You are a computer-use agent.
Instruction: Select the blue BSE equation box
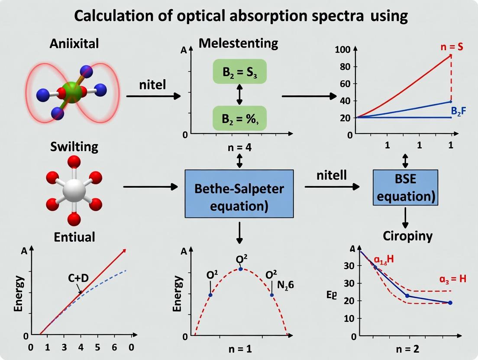tap(405, 187)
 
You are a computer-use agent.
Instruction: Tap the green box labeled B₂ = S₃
tap(239, 71)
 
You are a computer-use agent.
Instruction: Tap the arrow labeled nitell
tap(332, 186)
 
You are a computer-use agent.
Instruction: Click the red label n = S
tap(451, 47)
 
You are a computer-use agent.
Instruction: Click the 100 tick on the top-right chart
tap(342, 49)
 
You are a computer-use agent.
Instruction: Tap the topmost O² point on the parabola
tap(241, 269)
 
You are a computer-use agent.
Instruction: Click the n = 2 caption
tap(407, 349)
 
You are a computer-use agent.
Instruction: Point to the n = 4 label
tap(239, 147)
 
